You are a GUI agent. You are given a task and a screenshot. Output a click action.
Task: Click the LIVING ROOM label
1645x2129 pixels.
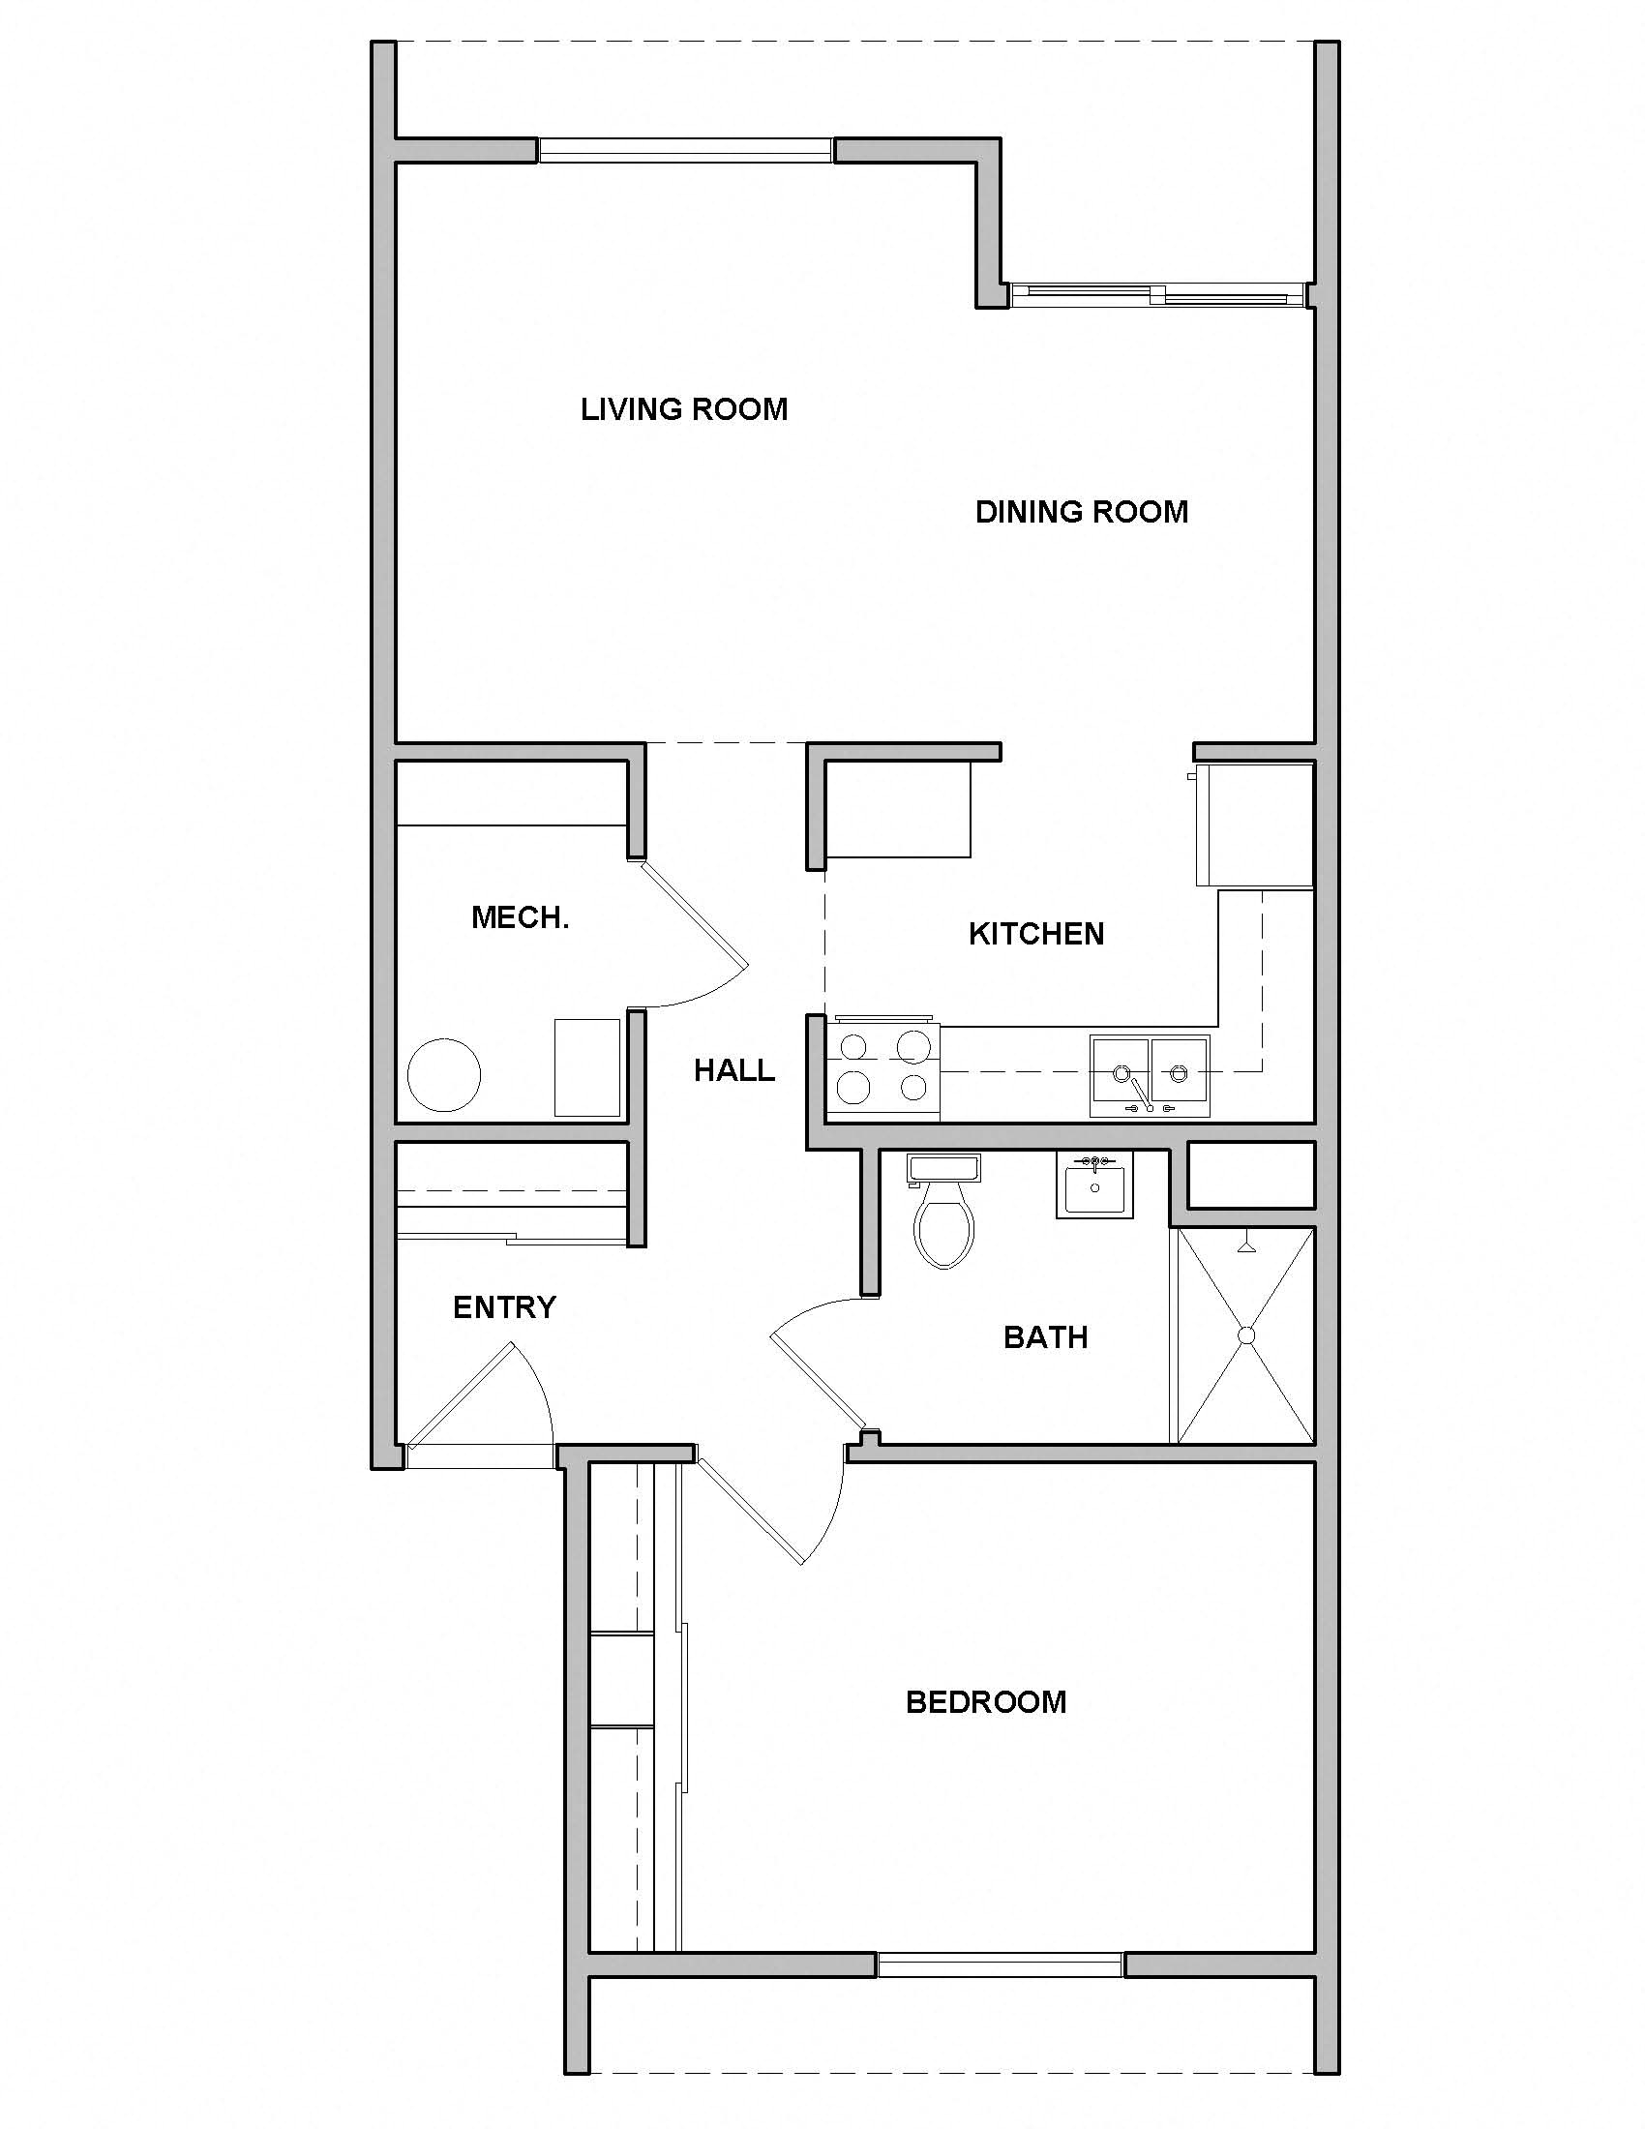coord(684,409)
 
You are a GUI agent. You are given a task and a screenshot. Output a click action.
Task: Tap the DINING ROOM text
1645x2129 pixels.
coord(1082,512)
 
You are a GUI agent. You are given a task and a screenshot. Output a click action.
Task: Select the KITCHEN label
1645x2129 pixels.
coord(1036,934)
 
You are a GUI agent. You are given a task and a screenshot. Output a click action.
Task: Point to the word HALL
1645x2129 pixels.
coord(733,1070)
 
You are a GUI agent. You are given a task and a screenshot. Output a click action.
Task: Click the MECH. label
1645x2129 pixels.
coord(520,917)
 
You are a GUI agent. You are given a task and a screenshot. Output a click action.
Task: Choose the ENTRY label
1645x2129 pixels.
coord(504,1307)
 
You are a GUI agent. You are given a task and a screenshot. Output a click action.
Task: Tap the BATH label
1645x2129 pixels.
coord(1045,1337)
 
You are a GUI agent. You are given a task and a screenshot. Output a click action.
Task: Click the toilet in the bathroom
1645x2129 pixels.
coord(943,1218)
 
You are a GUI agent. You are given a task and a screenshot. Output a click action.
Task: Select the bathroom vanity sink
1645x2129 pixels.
coord(1094,1186)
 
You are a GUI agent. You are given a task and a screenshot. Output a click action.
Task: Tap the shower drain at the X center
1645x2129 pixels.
coord(1245,1336)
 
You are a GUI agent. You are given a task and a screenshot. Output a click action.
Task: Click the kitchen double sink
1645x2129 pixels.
coord(1150,1075)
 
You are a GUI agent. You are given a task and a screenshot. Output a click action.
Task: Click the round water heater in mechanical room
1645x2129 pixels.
coord(443,1075)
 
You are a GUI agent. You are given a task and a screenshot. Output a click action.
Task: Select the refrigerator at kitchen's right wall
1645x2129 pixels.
coord(1255,825)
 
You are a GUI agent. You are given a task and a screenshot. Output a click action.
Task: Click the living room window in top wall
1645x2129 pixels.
coord(685,150)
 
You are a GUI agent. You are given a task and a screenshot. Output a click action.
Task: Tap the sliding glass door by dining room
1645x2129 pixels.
coord(1155,295)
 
